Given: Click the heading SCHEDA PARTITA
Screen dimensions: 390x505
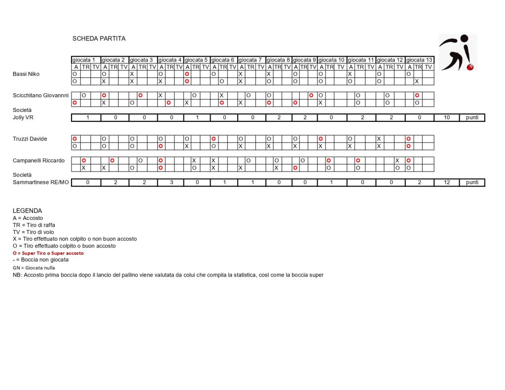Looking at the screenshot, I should point(99,38).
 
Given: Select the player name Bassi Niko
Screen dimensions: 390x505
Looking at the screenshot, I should point(27,74).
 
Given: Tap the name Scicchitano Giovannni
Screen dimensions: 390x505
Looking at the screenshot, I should point(41,96).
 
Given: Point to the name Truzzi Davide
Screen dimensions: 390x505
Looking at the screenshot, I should point(30,139).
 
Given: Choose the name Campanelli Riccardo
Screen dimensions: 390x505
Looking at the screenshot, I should point(38,160).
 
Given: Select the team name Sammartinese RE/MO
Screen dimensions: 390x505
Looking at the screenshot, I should point(41,182).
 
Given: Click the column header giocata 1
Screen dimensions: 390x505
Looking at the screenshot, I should point(84,60).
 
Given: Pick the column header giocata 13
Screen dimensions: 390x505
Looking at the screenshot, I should point(419,60).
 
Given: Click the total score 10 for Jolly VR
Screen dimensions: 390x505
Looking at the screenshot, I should point(447,117).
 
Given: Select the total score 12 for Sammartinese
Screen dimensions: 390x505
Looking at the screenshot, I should point(447,182).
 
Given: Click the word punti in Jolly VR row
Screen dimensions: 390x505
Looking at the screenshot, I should point(472,117).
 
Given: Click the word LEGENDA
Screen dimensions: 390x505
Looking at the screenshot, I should point(27,211).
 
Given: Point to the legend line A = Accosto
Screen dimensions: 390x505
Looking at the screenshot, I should point(28,218).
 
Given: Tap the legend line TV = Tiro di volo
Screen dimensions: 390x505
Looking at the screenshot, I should point(34,232).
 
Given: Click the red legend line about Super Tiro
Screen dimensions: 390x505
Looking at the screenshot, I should point(48,253).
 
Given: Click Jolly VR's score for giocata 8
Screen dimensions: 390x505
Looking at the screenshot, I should point(279,117).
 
